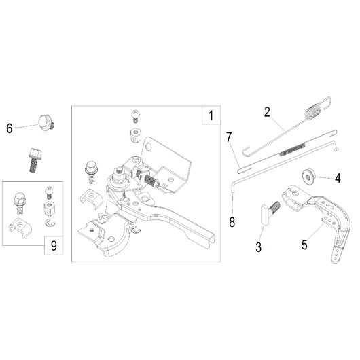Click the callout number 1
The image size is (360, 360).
[x=211, y=115]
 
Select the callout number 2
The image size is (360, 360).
[x=267, y=112]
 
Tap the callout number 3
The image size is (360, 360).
[x=259, y=247]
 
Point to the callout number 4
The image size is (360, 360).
[x=338, y=178]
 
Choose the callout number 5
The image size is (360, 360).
[x=304, y=245]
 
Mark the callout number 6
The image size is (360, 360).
[x=10, y=128]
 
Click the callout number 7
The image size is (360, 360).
[x=229, y=137]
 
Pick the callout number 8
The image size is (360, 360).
[x=232, y=222]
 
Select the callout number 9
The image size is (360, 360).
[x=54, y=246]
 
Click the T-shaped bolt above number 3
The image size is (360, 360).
[x=270, y=213]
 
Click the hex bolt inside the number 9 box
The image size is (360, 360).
[x=20, y=204]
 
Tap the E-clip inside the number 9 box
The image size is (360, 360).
[x=50, y=223]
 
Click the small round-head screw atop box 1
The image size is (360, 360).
[x=136, y=116]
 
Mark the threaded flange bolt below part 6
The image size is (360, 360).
[x=35, y=160]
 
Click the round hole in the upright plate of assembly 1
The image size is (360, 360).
[x=149, y=146]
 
